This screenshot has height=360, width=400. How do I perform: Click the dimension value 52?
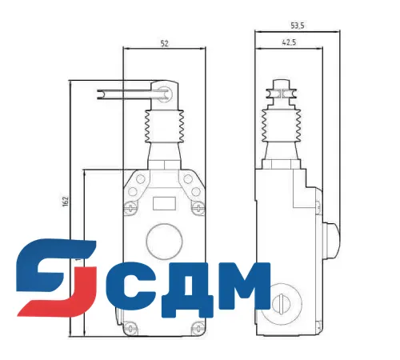tap(164, 43)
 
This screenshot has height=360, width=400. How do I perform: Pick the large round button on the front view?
tap(164, 241)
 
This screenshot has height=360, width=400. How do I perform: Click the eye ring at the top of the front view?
tap(166, 92)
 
